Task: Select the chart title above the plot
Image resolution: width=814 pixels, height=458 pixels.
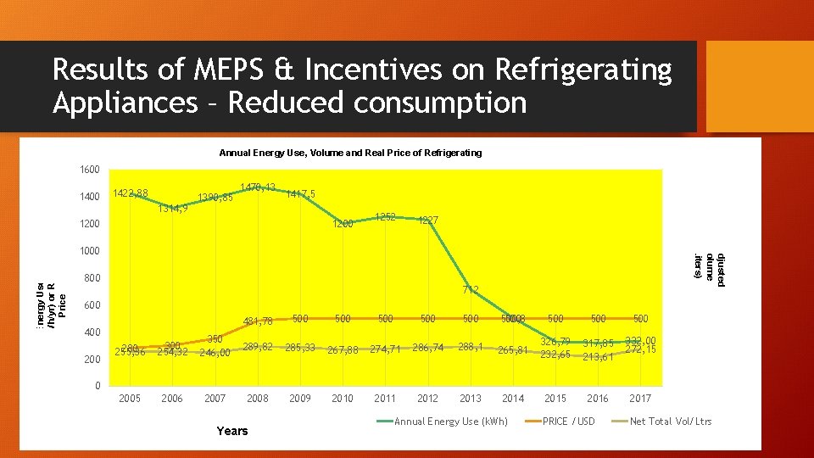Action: click(x=350, y=153)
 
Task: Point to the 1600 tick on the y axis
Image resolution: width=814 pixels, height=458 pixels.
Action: click(x=90, y=170)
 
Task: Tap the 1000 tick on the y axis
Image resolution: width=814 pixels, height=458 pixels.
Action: click(x=90, y=251)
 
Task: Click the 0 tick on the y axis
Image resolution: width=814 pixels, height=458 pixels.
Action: click(x=98, y=386)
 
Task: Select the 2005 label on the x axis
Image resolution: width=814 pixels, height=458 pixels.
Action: click(x=130, y=399)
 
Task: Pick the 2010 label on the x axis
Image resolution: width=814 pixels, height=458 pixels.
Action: click(x=343, y=399)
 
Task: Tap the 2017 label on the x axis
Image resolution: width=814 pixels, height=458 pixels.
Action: click(x=640, y=399)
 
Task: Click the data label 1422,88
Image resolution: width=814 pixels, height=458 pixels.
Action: click(x=130, y=193)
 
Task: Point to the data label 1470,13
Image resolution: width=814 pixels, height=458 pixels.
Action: click(x=258, y=187)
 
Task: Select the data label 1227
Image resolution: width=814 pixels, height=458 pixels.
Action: click(x=428, y=221)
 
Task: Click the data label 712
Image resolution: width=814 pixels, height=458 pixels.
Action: click(x=471, y=290)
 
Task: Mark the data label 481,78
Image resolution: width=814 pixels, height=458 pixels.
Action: click(x=258, y=321)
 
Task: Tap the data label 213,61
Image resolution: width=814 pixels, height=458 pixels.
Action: click(x=598, y=357)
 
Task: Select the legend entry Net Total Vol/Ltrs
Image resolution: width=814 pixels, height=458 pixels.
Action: click(x=671, y=422)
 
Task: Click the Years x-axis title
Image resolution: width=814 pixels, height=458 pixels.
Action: click(x=232, y=431)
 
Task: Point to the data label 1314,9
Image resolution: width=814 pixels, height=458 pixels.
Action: click(x=173, y=209)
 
